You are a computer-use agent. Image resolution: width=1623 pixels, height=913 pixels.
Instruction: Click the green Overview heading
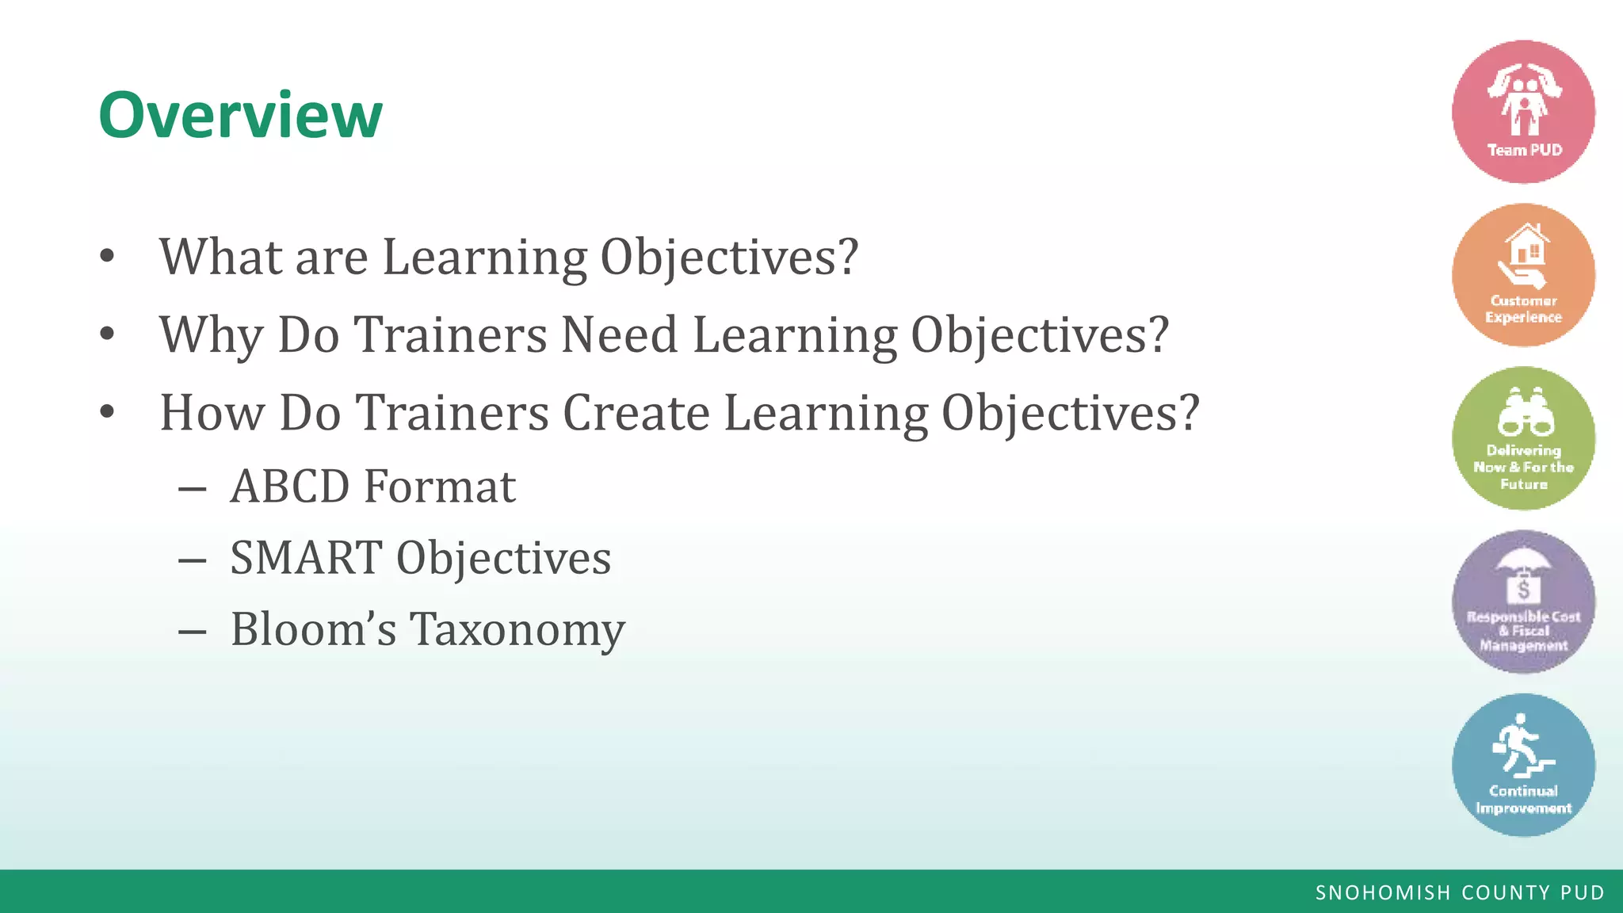click(240, 116)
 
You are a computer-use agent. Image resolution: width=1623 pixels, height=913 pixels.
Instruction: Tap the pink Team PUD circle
click(1523, 112)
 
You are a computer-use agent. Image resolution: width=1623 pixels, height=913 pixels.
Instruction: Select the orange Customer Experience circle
click(1523, 275)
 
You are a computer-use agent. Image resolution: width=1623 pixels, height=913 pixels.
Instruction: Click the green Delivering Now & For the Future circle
click(1523, 438)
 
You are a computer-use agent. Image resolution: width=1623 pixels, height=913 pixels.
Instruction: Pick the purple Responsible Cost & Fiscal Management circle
click(1523, 602)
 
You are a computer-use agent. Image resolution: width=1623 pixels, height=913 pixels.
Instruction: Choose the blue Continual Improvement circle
click(1523, 765)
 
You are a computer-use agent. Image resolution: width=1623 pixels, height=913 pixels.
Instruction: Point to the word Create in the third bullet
click(636, 413)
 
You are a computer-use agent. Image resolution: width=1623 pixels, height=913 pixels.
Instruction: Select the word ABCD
click(289, 486)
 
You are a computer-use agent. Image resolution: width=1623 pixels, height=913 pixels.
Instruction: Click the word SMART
click(306, 557)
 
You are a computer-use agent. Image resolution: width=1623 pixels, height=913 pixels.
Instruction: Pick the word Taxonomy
click(517, 630)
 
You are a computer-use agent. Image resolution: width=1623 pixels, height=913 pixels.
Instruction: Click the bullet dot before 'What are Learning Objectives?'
click(108, 257)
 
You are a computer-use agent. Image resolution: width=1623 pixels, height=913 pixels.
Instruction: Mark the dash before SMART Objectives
click(193, 560)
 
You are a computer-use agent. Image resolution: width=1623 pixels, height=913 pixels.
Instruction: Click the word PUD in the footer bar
click(1582, 893)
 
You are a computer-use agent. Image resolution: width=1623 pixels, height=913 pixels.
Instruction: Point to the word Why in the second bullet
click(212, 336)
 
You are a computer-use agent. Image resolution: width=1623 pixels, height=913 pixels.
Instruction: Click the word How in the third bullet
click(212, 413)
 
